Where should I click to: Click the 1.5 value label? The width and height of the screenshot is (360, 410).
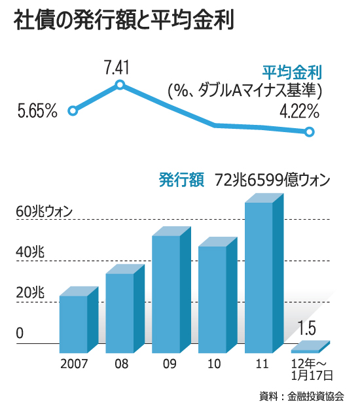(306, 328)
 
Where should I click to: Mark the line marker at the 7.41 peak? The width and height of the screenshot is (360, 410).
(120, 84)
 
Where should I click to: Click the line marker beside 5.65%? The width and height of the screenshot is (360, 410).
(73, 111)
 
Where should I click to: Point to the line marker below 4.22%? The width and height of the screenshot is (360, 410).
(310, 132)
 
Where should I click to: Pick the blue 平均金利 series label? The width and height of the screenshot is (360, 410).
(293, 71)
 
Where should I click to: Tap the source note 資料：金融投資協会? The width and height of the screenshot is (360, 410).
(305, 396)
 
